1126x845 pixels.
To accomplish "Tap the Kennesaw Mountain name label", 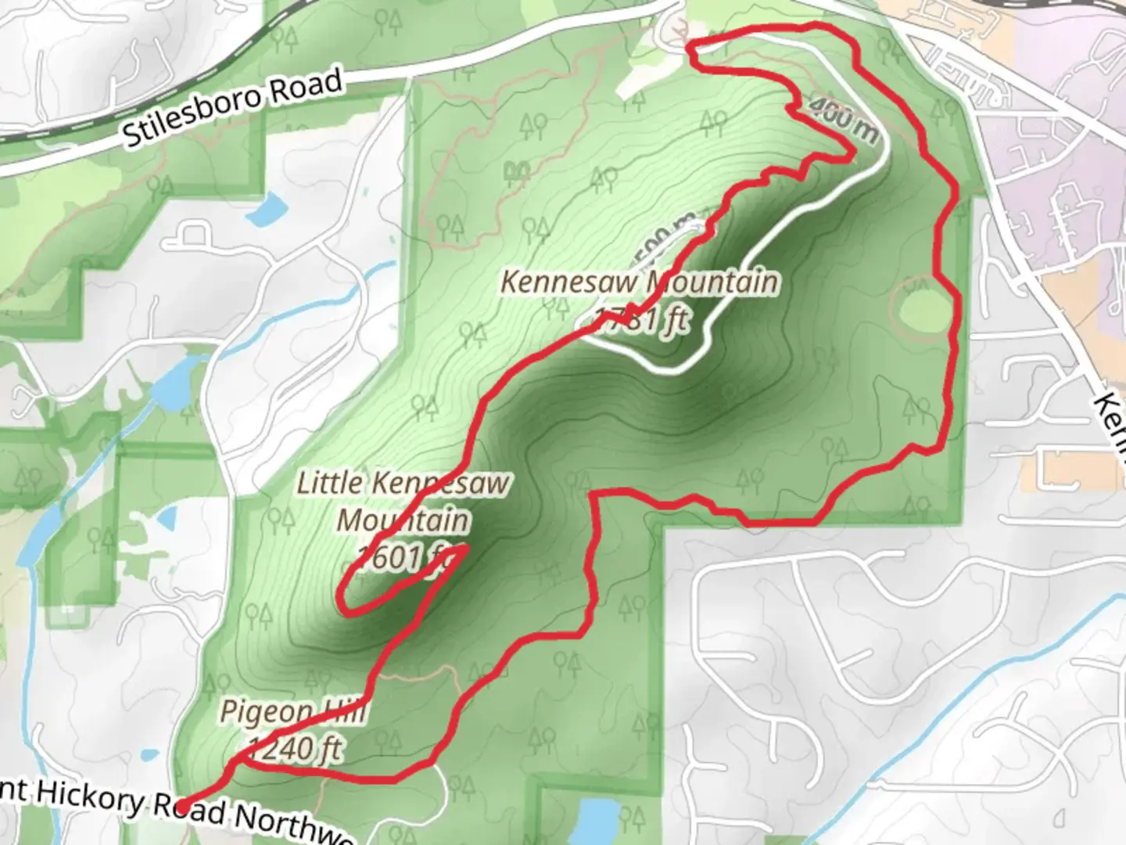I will tap(639, 282).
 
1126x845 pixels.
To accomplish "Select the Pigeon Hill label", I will tap(292, 712).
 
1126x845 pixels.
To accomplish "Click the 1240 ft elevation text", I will tap(295, 749).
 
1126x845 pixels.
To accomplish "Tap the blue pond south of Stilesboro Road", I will tap(269, 208).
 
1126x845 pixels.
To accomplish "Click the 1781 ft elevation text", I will tap(641, 318).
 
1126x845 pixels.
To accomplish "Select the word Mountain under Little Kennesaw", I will tap(403, 520).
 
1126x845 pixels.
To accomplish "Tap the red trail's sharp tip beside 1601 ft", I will tap(466, 547).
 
